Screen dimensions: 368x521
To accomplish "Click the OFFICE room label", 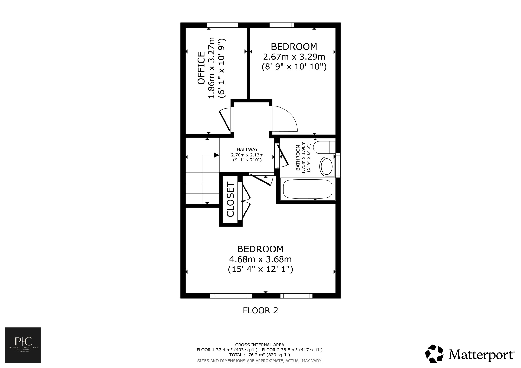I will (201, 68).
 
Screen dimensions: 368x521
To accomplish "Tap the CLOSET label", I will (230, 199).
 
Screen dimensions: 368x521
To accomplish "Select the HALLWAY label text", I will (247, 149).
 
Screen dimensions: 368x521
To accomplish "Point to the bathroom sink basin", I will (327, 166).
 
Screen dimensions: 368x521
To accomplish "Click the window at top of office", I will (222, 25).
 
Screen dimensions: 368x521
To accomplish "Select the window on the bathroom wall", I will (338, 165).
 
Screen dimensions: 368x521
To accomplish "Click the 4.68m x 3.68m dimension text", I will (260, 259).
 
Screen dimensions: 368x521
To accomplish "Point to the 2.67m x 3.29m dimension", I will (294, 57).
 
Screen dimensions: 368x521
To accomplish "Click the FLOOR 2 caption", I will (260, 310).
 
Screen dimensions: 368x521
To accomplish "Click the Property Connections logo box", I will (23, 345).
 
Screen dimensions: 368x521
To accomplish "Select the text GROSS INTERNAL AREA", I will (259, 345).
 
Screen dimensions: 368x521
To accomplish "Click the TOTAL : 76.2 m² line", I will (259, 355).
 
